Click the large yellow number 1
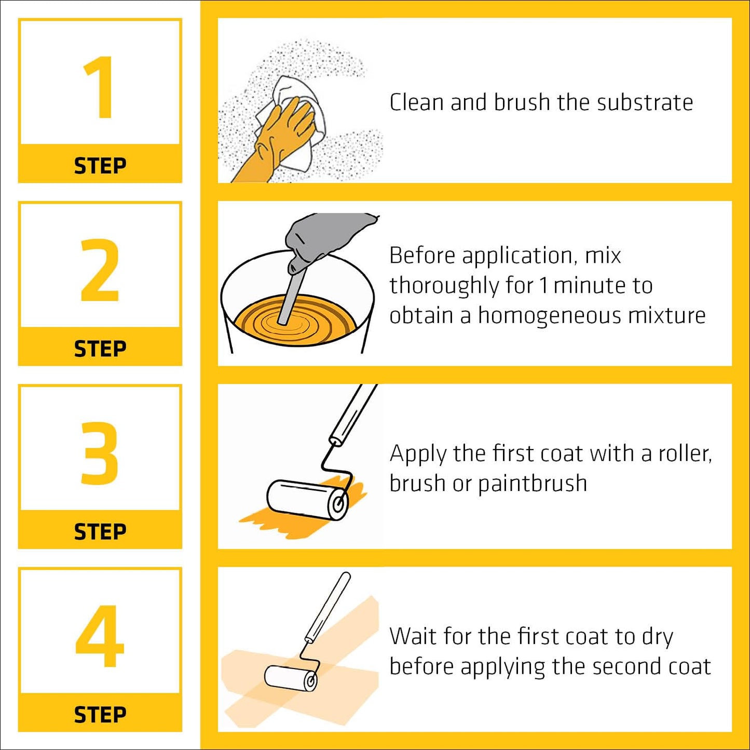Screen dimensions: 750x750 point(100,87)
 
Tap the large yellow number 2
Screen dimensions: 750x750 point(99,270)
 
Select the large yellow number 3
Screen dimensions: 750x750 point(99,453)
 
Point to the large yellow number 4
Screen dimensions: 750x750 point(100,636)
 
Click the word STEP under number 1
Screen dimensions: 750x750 point(100,166)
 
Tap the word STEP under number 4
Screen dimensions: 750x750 point(100,715)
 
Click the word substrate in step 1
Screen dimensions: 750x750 point(645,102)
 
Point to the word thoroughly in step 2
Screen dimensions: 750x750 point(444,285)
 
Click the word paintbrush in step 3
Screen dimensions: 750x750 point(533,483)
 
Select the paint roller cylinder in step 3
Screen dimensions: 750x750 point(307,500)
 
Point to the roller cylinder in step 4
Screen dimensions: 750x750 point(290,678)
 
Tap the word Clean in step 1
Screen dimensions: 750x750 point(416,102)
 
